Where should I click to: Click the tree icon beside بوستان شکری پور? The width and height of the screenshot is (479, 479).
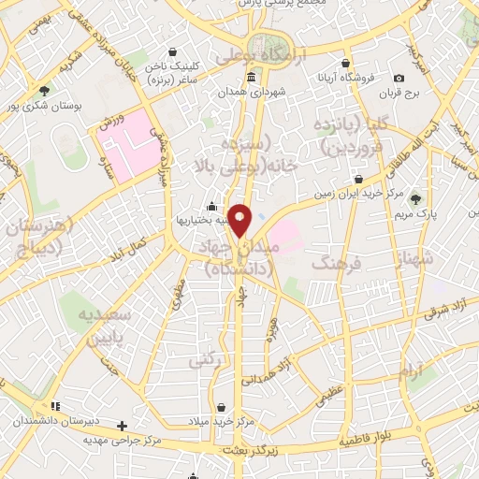44,91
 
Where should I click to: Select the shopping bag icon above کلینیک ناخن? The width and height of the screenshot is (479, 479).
171,52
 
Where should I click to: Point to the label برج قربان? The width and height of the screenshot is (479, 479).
399,94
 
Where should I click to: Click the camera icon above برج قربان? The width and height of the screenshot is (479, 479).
399,78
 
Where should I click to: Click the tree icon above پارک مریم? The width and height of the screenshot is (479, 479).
415,199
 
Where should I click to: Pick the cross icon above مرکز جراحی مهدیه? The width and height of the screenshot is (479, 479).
122,426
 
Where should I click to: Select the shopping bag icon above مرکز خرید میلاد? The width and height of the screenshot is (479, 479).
221,408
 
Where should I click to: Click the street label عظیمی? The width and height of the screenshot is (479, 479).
335,385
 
